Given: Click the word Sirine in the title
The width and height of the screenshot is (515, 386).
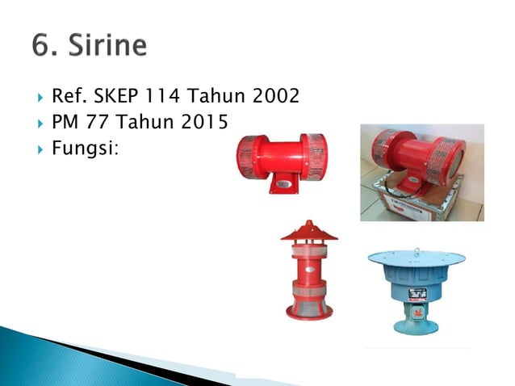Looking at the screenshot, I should [x=103, y=44].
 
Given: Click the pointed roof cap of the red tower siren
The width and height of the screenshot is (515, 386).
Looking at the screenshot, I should [x=309, y=231].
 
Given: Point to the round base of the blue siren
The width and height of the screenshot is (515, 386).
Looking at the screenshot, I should [x=417, y=327].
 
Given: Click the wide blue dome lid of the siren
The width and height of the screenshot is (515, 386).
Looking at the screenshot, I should [x=417, y=258].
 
